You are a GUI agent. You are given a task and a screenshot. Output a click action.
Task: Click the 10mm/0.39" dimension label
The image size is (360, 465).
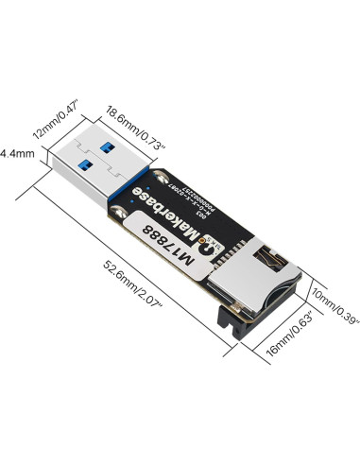[334, 306]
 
